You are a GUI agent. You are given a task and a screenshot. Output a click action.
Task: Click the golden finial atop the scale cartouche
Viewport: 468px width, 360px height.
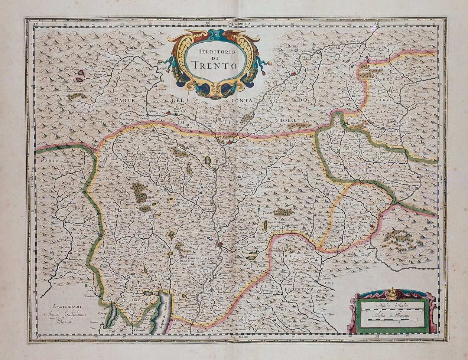393,293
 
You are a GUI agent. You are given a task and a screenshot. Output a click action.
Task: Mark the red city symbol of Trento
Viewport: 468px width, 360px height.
221,244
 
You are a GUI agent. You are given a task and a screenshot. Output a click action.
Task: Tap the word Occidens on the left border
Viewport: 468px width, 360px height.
32,177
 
